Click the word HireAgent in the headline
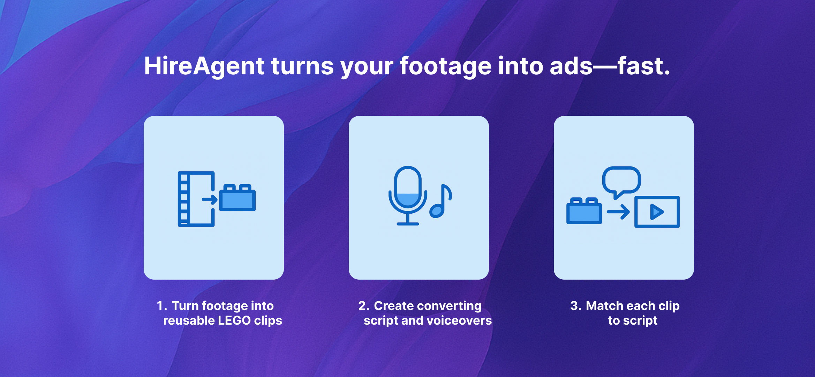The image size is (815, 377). [204, 66]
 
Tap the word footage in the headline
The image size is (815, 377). [445, 66]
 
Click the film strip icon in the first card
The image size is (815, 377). [196, 199]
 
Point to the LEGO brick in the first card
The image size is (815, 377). [237, 198]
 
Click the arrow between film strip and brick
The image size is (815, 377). [210, 200]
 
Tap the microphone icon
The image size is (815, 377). [408, 195]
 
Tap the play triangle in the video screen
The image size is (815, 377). [656, 212]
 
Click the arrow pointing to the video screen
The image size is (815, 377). [618, 212]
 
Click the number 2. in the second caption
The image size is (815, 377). [364, 306]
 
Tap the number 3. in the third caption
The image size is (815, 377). [576, 306]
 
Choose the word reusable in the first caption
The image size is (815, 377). [189, 320]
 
